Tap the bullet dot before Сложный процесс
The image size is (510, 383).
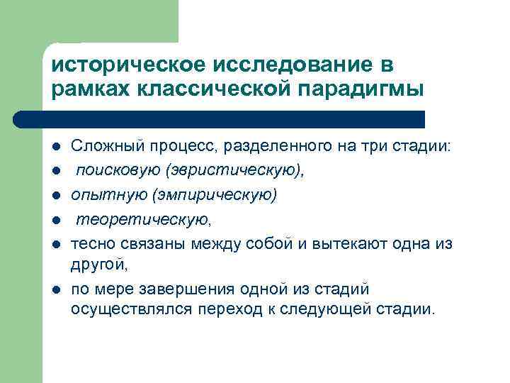pyautogui.click(x=55, y=147)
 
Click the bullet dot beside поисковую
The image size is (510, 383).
pyautogui.click(x=55, y=171)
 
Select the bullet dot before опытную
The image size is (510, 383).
pyautogui.click(x=55, y=195)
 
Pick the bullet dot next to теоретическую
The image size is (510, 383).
pyautogui.click(x=55, y=219)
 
